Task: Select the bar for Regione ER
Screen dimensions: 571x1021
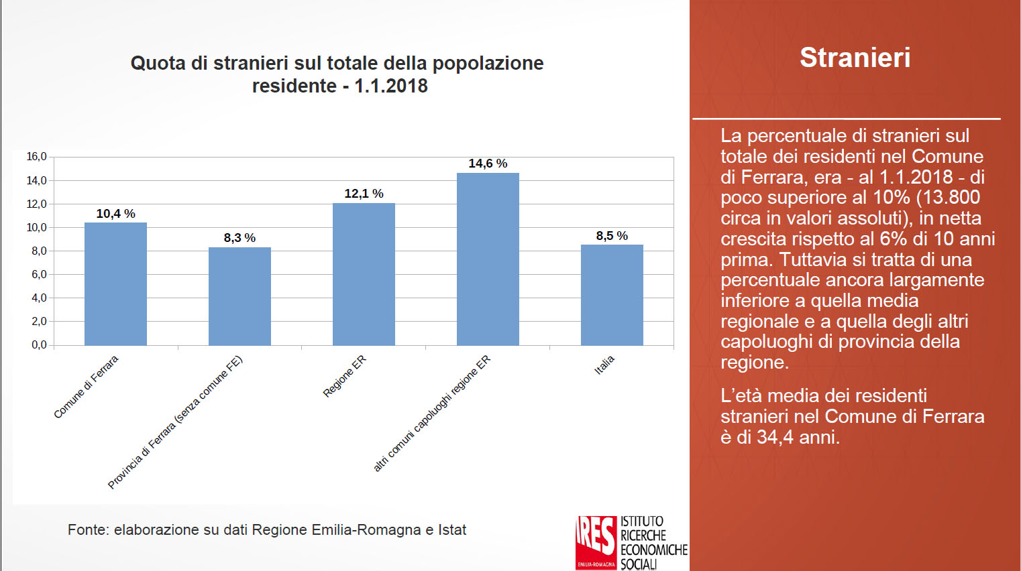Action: coord(364,274)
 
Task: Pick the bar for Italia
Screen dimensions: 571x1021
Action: coord(612,295)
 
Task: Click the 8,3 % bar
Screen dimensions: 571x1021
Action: coord(239,296)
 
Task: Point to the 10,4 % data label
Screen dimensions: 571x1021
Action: coord(115,214)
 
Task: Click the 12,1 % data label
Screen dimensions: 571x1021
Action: coord(364,194)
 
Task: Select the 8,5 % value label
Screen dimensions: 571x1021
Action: coord(612,236)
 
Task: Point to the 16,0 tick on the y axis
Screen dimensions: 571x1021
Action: coord(36,157)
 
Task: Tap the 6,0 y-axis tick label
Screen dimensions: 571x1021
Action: coord(39,274)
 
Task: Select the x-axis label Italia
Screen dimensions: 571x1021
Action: coord(604,365)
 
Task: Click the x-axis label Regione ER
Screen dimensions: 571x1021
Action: coord(345,376)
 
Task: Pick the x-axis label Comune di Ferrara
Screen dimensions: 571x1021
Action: coord(86,387)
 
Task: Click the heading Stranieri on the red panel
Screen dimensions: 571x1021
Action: coord(855,58)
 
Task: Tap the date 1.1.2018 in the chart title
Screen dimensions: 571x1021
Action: coord(391,86)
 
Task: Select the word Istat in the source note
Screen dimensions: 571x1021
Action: coord(452,529)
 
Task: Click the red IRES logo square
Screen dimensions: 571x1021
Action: coord(596,542)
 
